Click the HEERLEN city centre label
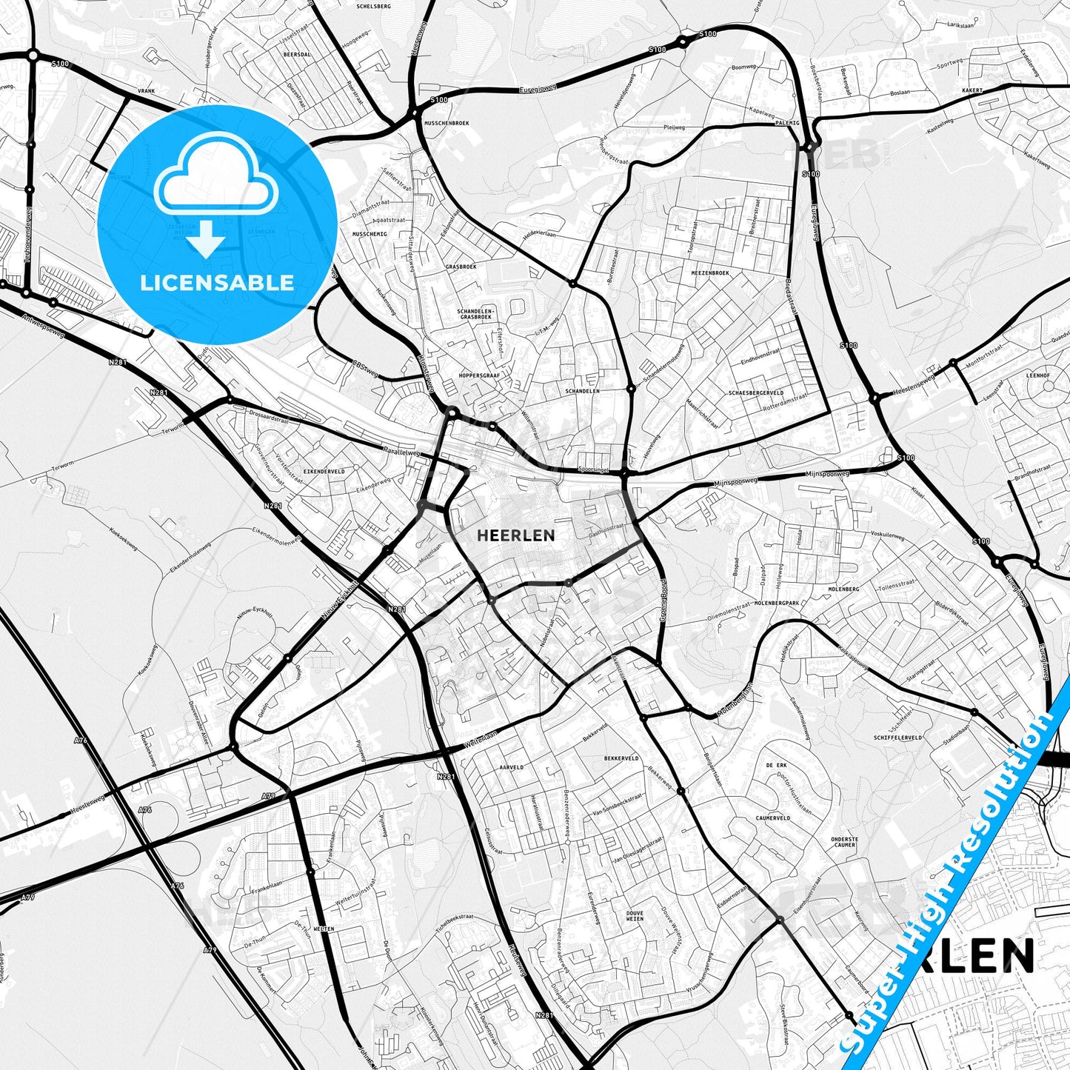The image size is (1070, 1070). [x=516, y=535]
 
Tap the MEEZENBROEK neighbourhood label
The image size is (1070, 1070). [x=710, y=273]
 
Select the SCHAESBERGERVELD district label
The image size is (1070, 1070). [x=756, y=393]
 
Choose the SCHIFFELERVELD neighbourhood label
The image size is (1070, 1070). [x=898, y=738]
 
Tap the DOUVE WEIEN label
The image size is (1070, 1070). [x=635, y=916]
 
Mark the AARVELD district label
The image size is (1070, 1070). [x=511, y=767]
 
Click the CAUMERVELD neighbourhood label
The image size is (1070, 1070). [x=773, y=818]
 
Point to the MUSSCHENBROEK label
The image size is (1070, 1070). [x=446, y=123]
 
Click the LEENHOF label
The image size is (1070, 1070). [x=1038, y=375]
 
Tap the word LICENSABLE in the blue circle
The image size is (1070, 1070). [x=217, y=282]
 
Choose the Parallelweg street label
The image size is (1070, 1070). [x=402, y=451]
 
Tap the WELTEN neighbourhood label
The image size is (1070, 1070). [x=324, y=929]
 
